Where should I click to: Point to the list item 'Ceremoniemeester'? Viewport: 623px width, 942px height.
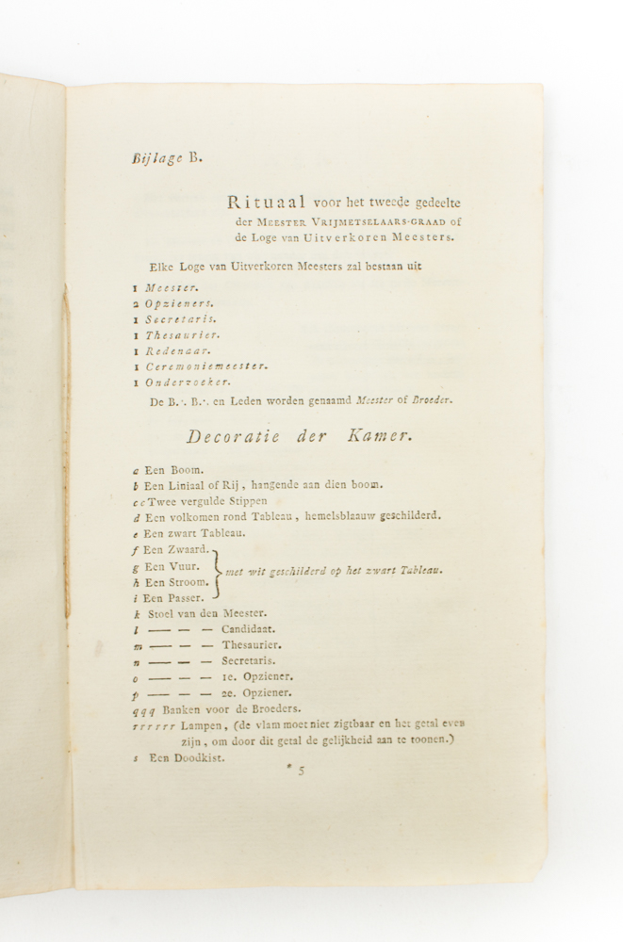tap(206, 365)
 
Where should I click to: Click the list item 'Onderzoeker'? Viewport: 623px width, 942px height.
tap(188, 382)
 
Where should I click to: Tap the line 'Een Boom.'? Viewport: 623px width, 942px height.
tap(173, 468)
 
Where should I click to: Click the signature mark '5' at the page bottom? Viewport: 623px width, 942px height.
tap(302, 771)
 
